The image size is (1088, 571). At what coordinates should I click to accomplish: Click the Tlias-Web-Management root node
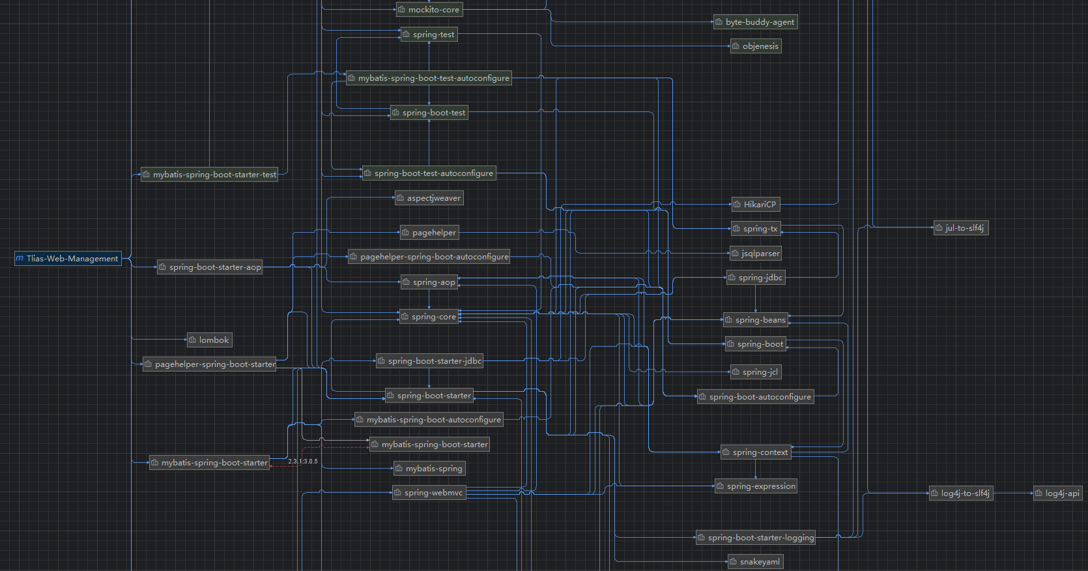pyautogui.click(x=68, y=259)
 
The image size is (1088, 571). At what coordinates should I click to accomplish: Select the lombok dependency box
pyautogui.click(x=209, y=340)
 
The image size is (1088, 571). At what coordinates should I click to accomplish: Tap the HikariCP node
pyautogui.click(x=756, y=205)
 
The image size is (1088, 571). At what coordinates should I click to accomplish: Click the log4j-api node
pyautogui.click(x=1057, y=493)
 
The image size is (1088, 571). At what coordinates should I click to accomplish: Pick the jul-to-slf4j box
pyautogui.click(x=961, y=228)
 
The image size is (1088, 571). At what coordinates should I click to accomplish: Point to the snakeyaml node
pyautogui.click(x=755, y=562)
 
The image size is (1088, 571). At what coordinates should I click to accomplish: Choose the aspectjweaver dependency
pyautogui.click(x=429, y=198)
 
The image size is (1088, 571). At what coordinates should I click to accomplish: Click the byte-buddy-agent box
pyautogui.click(x=755, y=22)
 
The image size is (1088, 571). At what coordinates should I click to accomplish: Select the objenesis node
pyautogui.click(x=756, y=46)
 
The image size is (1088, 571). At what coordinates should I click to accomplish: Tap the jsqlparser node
pyautogui.click(x=756, y=253)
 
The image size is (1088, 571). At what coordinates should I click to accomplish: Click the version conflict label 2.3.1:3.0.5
pyautogui.click(x=303, y=461)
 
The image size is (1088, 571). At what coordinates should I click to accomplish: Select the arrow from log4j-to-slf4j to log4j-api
pyautogui.click(x=1013, y=493)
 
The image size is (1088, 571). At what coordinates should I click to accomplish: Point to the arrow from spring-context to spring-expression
pyautogui.click(x=755, y=469)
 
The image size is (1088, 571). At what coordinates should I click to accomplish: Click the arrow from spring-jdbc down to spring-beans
pyautogui.click(x=755, y=299)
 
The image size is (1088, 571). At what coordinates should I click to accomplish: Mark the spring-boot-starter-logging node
pyautogui.click(x=755, y=538)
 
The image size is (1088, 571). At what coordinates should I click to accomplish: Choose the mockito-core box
pyautogui.click(x=429, y=10)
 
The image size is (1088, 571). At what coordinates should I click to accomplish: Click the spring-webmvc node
pyautogui.click(x=429, y=493)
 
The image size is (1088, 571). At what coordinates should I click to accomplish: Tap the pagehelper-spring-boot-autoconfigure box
pyautogui.click(x=429, y=257)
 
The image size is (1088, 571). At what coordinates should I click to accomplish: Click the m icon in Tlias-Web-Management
pyautogui.click(x=20, y=259)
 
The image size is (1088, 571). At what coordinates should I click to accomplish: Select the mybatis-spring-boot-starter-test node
pyautogui.click(x=209, y=175)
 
